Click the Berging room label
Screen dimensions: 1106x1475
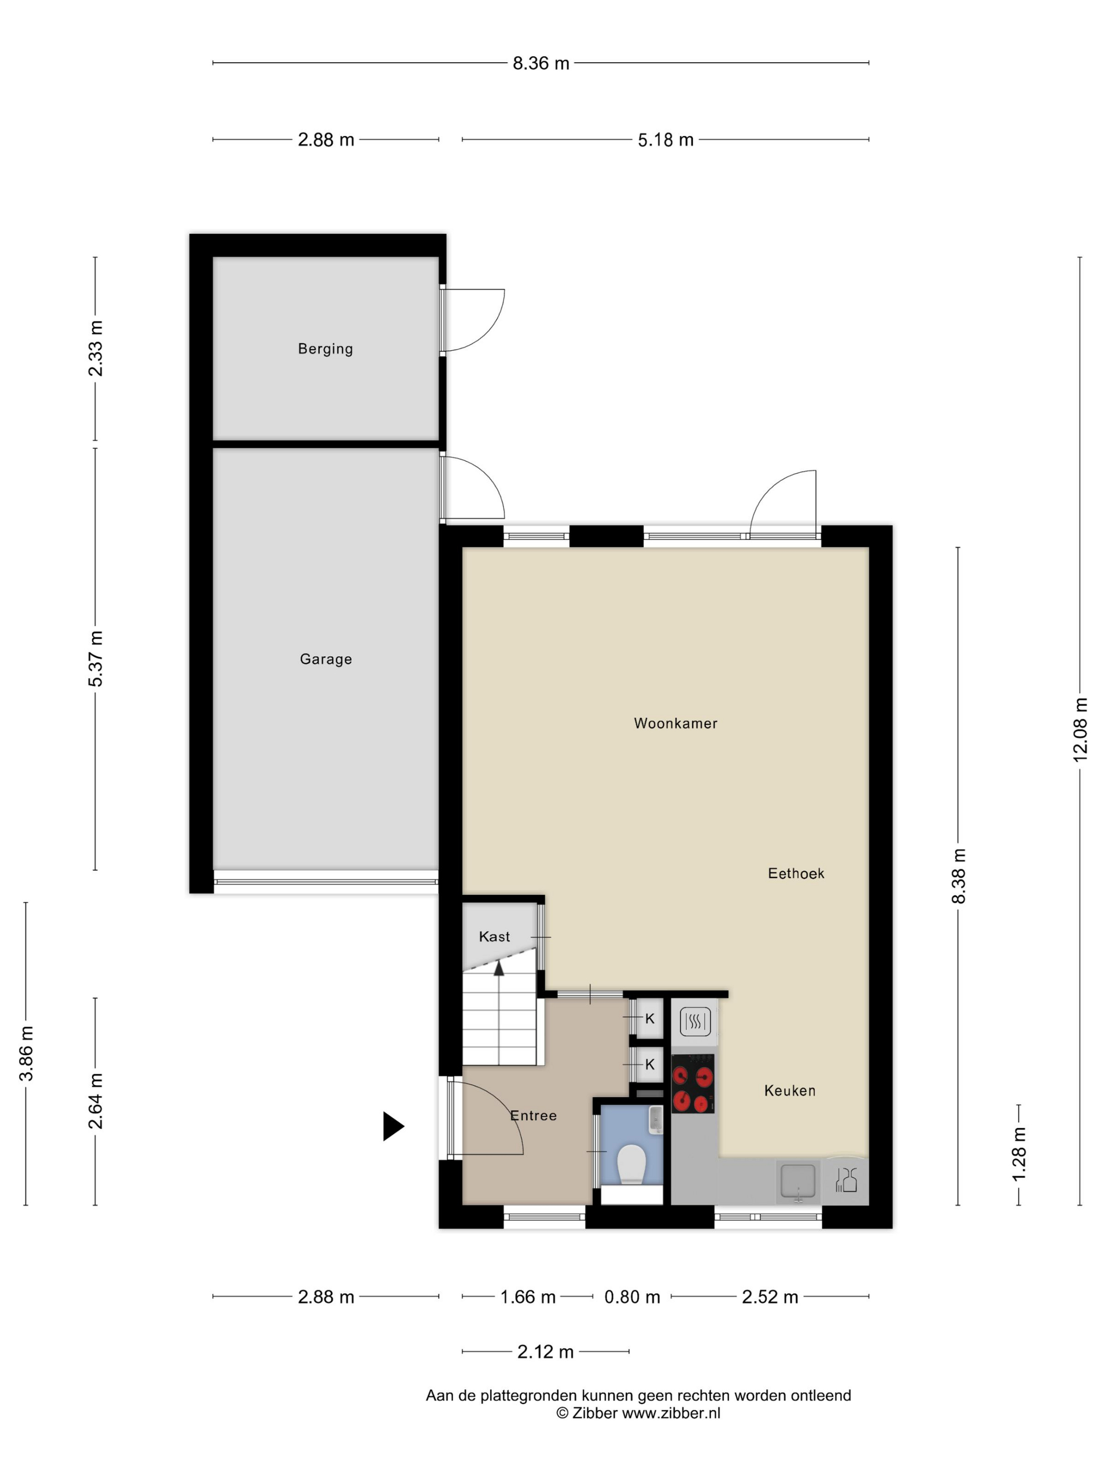tap(325, 349)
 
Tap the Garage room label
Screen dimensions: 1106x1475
tap(325, 659)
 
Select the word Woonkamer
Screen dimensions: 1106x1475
tap(675, 723)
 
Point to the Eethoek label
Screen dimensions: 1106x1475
tap(796, 873)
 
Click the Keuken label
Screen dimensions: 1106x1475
tap(790, 1091)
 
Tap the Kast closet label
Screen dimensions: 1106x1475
tap(494, 937)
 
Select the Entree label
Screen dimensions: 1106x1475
tap(534, 1116)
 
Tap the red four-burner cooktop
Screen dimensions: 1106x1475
tap(693, 1084)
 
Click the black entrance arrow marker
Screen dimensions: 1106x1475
tap(393, 1126)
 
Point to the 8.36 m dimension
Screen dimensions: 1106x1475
tap(541, 63)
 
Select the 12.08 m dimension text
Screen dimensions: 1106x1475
tap(1080, 730)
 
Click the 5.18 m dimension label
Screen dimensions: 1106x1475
tap(665, 140)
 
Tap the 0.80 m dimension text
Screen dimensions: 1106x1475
tap(632, 1297)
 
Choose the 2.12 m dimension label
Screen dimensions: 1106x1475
tap(545, 1352)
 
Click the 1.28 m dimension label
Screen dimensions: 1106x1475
tap(1019, 1154)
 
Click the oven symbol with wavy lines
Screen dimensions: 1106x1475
tap(695, 1021)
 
